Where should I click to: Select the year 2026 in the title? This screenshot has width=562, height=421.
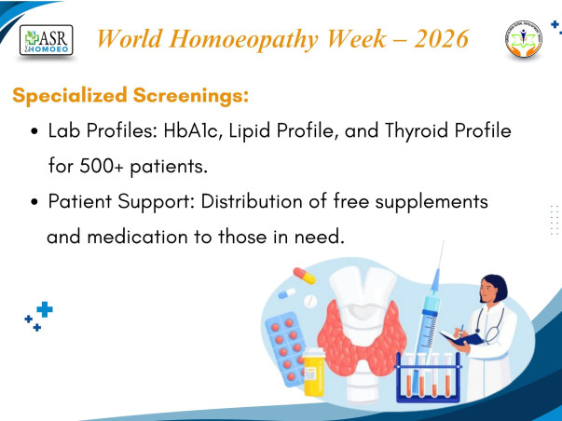pyautogui.click(x=439, y=39)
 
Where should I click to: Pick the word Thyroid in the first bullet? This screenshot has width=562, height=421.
pyautogui.click(x=420, y=132)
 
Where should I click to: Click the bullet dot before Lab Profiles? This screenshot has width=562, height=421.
pyautogui.click(x=34, y=133)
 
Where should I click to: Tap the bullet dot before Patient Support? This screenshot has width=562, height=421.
pyautogui.click(x=34, y=203)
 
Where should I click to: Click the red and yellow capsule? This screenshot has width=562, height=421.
pyautogui.click(x=304, y=275)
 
